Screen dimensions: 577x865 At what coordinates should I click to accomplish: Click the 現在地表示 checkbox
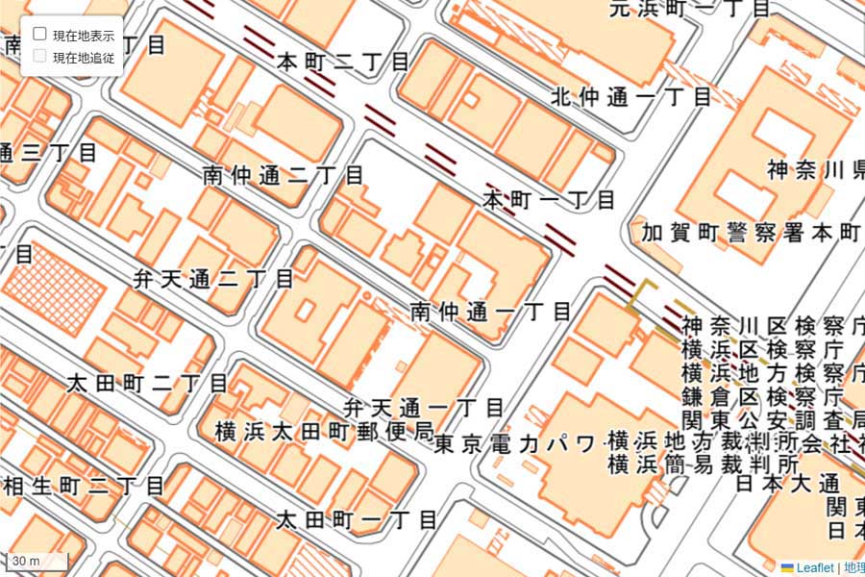click(40, 34)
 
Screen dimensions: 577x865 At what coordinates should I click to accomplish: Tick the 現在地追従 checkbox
click(40, 57)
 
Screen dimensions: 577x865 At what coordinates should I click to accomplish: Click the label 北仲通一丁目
click(631, 96)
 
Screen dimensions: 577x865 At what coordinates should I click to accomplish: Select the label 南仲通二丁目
click(283, 175)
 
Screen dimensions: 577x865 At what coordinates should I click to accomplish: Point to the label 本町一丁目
click(549, 200)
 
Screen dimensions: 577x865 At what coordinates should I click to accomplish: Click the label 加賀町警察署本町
click(752, 233)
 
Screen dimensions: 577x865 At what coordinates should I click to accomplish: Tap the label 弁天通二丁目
click(213, 279)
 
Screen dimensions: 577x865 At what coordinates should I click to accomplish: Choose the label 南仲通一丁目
click(490, 312)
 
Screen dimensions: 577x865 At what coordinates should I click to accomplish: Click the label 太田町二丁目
click(147, 383)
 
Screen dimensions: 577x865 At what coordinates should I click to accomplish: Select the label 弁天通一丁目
click(425, 408)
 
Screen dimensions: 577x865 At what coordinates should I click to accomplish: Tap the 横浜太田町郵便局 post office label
click(325, 431)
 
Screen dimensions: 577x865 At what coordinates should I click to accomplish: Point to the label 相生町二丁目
click(84, 486)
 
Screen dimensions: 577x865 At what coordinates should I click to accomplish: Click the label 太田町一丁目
click(357, 520)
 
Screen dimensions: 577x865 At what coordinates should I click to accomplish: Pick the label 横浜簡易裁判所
click(703, 464)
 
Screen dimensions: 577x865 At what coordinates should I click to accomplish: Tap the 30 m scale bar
click(38, 561)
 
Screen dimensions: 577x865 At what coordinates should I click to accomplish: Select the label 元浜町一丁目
click(691, 9)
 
